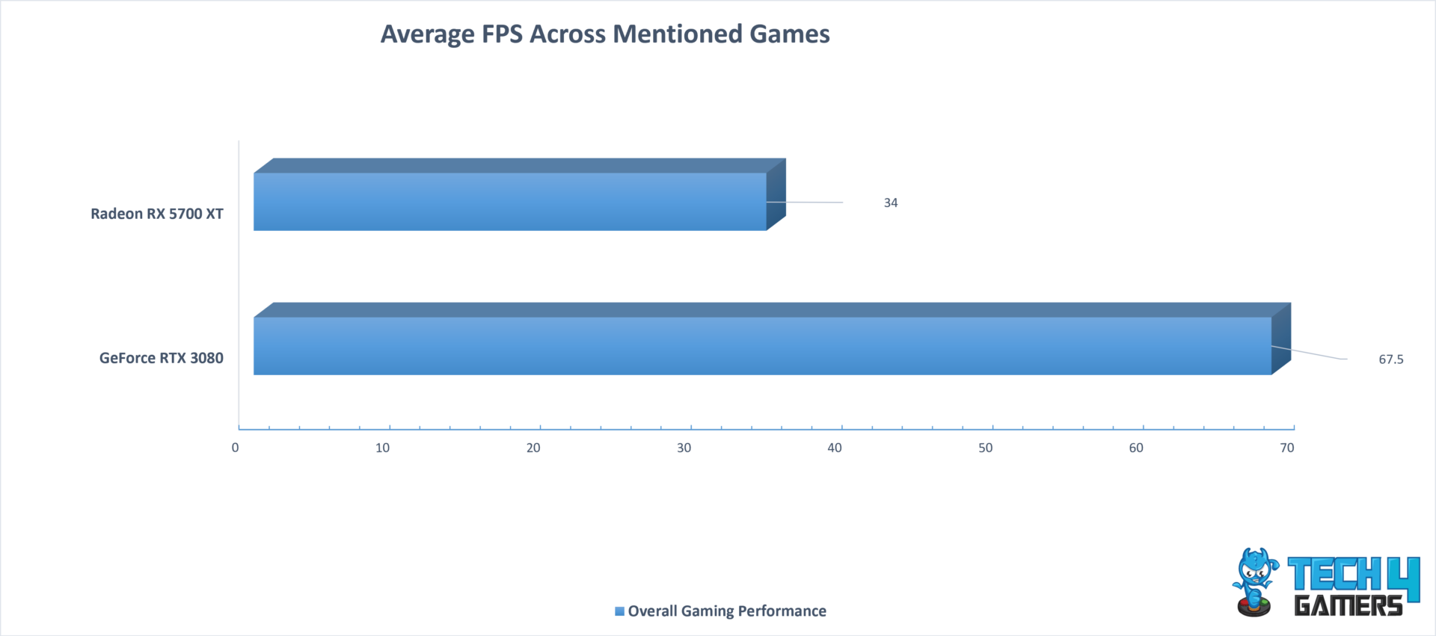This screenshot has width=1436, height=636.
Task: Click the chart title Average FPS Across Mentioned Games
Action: tap(605, 34)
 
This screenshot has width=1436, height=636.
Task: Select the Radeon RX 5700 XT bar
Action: tap(520, 195)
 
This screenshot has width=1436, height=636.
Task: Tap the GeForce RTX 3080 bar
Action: tap(773, 339)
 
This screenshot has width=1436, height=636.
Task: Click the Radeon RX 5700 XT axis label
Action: tap(157, 214)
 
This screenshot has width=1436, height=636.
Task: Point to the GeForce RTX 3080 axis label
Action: tap(162, 358)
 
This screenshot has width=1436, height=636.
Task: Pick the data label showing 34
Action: tap(891, 203)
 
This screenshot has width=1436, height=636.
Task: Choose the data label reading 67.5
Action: tap(1391, 359)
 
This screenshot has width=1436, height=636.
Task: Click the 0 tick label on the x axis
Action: tap(236, 448)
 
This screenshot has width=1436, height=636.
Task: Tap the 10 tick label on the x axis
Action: tap(383, 448)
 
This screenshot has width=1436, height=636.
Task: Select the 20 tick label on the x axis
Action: tap(533, 448)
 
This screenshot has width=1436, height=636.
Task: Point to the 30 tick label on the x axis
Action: tap(684, 448)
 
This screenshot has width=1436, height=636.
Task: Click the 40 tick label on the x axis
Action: tap(835, 448)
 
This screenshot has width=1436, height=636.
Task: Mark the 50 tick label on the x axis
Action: tap(986, 448)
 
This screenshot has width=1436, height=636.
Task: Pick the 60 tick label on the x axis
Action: tap(1136, 448)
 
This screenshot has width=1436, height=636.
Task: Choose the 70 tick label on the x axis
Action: tap(1287, 448)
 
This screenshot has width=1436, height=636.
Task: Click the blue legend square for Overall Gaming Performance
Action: tap(619, 611)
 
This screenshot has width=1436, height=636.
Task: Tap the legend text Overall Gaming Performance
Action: tap(727, 611)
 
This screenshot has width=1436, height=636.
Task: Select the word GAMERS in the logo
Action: tap(1348, 605)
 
